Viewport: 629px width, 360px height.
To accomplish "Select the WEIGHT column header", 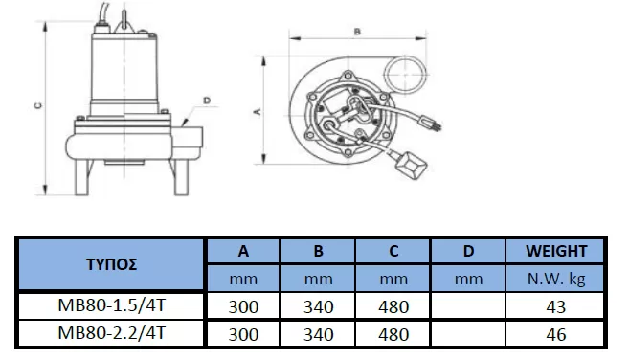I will pyautogui.click(x=555, y=252).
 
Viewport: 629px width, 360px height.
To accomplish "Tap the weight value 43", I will pyautogui.click(x=555, y=307).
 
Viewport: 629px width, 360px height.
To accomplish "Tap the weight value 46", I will pyautogui.click(x=555, y=335).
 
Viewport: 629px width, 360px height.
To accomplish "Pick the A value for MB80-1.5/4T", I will pyautogui.click(x=243, y=307).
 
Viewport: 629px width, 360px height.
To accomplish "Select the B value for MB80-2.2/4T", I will pyautogui.click(x=318, y=335).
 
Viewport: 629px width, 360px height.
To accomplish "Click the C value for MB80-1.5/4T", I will pyautogui.click(x=393, y=307).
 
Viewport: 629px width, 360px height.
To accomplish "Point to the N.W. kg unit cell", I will pyautogui.click(x=555, y=280).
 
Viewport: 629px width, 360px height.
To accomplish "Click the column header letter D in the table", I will pyautogui.click(x=469, y=252).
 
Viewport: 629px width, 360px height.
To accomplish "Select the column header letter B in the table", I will pyautogui.click(x=318, y=252).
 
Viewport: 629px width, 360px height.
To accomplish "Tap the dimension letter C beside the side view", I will pyautogui.click(x=34, y=108).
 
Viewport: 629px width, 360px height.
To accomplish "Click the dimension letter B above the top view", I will pyautogui.click(x=357, y=31).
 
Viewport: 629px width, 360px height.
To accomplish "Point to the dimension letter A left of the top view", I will pyautogui.click(x=257, y=112).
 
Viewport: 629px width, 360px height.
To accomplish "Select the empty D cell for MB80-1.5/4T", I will pyautogui.click(x=469, y=307).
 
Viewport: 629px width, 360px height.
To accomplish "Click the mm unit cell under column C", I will pyautogui.click(x=393, y=280).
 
